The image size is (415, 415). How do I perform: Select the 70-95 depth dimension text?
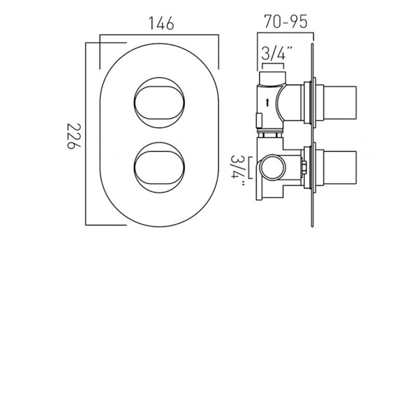click(x=285, y=21)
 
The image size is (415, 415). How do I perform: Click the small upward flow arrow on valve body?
click(x=267, y=103)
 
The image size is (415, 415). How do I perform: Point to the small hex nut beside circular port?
click(x=304, y=167)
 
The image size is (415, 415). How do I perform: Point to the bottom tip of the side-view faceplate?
click(x=312, y=226)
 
